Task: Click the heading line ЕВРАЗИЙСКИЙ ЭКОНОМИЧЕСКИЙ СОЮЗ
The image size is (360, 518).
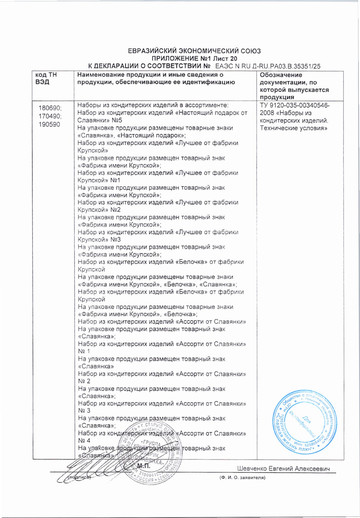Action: coord(194,51)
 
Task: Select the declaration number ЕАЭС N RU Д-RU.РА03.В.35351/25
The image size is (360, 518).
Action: coord(268,66)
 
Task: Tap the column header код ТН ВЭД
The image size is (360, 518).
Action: coord(46,78)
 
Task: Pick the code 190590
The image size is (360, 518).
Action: coord(49,124)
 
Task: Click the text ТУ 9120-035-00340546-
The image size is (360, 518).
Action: coord(295,105)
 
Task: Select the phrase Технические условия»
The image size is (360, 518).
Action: coord(293,128)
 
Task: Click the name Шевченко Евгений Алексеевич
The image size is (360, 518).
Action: coord(283,469)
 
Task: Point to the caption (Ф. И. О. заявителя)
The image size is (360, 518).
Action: coord(242,478)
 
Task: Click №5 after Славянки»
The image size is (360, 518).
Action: coord(117,120)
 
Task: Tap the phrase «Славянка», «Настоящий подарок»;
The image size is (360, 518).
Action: coord(132,135)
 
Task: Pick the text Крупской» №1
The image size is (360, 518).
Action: coord(99,180)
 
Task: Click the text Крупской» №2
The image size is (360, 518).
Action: coord(99,210)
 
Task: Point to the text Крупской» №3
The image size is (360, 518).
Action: coord(99,239)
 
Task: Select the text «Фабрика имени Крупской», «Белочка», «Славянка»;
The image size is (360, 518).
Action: coord(157,284)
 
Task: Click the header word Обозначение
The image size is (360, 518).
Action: coord(281,75)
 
